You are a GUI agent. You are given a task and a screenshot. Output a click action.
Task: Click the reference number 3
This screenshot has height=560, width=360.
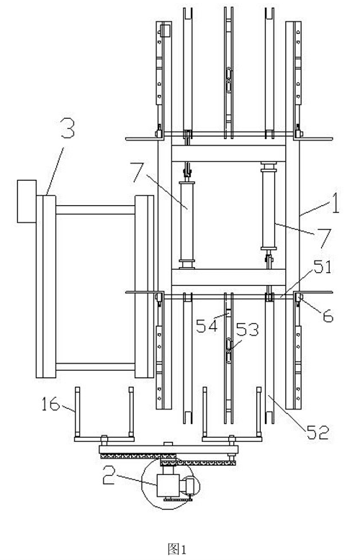(x=68, y=130)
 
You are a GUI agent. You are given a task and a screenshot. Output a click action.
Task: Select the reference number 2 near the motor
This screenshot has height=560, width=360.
(x=109, y=474)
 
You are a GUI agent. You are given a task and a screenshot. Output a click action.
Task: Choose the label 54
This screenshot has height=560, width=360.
(x=207, y=327)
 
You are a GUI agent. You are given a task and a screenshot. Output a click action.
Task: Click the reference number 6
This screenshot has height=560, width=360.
(x=328, y=316)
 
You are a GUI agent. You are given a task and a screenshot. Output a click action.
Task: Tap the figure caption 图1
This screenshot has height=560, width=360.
(x=177, y=548)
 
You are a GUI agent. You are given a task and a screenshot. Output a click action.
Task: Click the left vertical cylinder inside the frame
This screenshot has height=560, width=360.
(x=187, y=225)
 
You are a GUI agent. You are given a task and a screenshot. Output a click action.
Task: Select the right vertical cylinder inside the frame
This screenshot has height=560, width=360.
(x=269, y=206)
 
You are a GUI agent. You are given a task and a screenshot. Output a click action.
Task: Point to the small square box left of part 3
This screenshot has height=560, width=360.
(x=27, y=202)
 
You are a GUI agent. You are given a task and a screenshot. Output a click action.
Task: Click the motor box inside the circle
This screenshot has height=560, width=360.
(x=168, y=485)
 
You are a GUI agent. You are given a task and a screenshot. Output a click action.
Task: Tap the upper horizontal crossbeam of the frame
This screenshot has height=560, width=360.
(x=228, y=153)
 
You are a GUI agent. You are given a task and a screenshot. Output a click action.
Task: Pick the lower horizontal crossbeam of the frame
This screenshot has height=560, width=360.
(x=228, y=277)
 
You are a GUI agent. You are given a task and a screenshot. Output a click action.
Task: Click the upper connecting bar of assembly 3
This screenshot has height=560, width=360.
(x=95, y=209)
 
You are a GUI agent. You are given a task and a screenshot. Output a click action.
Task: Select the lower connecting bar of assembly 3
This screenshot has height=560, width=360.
(x=95, y=367)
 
